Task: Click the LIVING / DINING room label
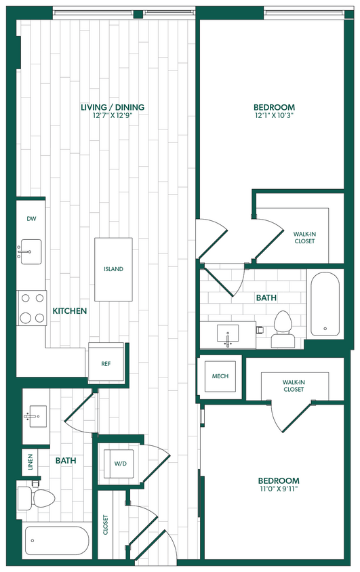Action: (x=113, y=107)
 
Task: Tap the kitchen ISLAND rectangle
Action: (x=113, y=269)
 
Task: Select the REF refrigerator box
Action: (x=106, y=364)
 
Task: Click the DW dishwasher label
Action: (x=31, y=219)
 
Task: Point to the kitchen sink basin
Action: (x=30, y=251)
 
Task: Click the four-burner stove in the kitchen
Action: (x=31, y=308)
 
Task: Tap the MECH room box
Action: (x=220, y=377)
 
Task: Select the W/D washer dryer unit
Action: (x=120, y=464)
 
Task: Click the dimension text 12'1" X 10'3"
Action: (x=275, y=117)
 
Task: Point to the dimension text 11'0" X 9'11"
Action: (x=278, y=489)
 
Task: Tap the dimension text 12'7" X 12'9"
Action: (x=113, y=117)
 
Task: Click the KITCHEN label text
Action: (x=70, y=311)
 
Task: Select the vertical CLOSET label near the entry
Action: (x=106, y=525)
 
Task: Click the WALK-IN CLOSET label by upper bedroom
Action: (x=304, y=237)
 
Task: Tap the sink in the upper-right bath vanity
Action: (x=228, y=334)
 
